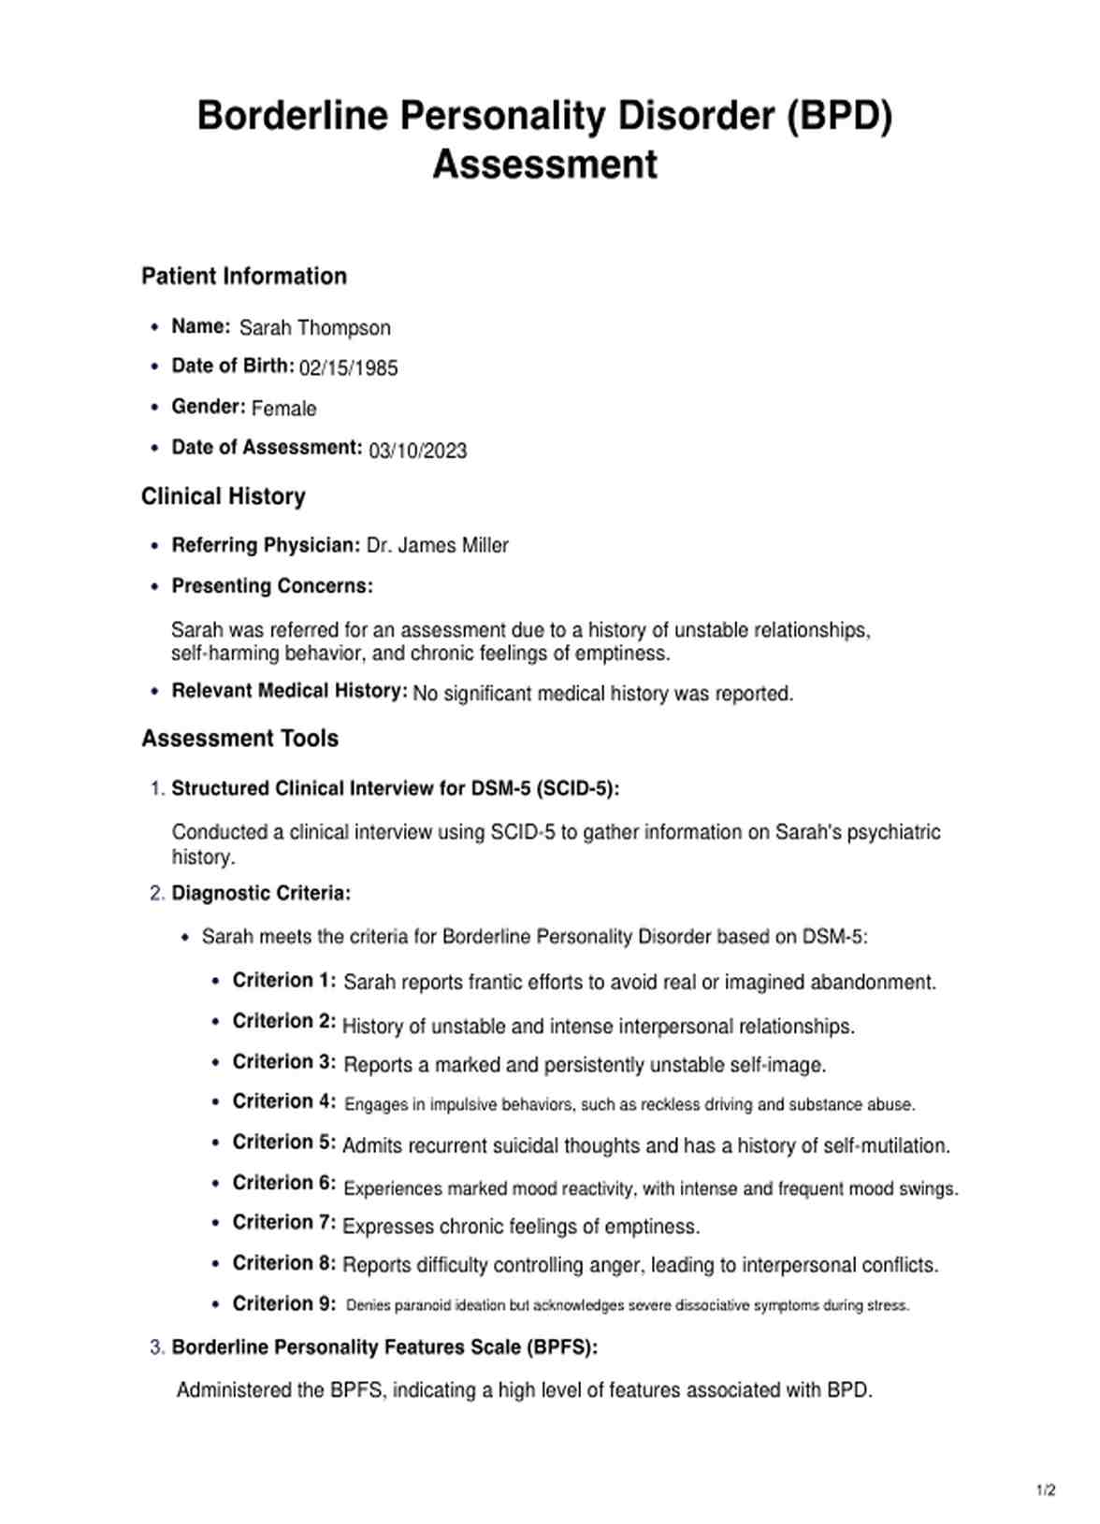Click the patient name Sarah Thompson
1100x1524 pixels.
(x=314, y=328)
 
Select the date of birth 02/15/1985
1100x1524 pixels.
(x=348, y=368)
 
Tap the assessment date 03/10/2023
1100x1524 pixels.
(x=417, y=451)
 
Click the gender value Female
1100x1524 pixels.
(x=283, y=409)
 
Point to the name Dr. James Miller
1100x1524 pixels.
(x=437, y=545)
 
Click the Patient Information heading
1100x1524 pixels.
(x=244, y=276)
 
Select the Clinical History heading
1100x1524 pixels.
(x=224, y=496)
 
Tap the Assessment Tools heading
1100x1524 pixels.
(x=239, y=739)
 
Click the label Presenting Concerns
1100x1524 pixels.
(x=272, y=586)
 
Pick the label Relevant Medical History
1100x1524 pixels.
(x=289, y=691)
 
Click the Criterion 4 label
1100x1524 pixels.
(x=283, y=1101)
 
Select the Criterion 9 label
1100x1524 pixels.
(x=283, y=1303)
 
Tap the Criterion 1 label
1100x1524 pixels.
(x=283, y=981)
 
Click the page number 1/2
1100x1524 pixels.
(x=1046, y=1490)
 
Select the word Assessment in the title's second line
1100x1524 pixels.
(x=544, y=165)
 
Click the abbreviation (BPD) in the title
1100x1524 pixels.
(x=839, y=116)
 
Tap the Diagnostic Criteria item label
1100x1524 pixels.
(x=261, y=893)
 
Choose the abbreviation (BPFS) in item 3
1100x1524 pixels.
(x=561, y=1347)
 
